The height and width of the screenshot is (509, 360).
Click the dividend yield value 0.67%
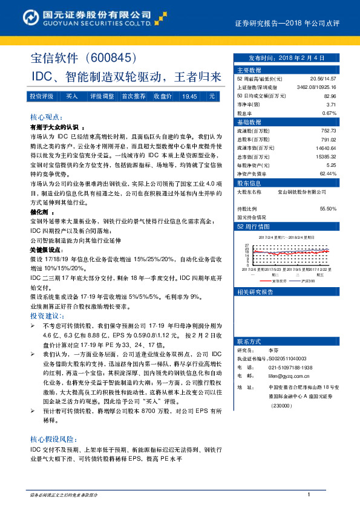point(329,113)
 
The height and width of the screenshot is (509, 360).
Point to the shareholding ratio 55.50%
point(329,209)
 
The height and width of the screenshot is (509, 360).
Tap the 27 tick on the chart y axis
point(247,246)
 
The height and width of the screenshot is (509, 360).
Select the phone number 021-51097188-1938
point(291,367)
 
